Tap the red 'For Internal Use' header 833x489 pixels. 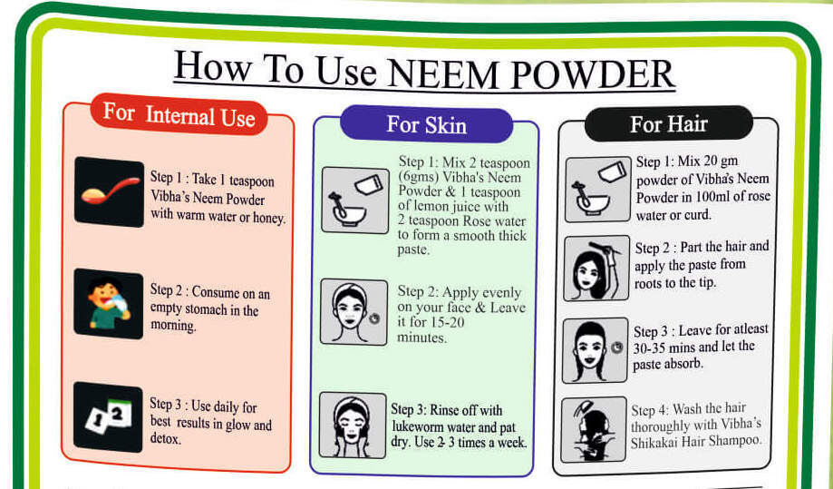point(179,115)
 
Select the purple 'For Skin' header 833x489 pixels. point(426,123)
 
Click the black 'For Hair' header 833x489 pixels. point(668,123)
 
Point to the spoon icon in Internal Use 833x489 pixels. point(109,191)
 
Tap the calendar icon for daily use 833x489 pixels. point(109,416)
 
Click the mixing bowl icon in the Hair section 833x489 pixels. point(596,189)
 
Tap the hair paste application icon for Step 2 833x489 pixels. point(596,269)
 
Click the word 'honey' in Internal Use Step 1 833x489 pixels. point(264,219)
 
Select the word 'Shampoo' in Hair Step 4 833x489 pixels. point(736,441)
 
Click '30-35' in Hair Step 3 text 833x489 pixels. point(653,348)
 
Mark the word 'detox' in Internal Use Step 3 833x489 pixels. point(165,439)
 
